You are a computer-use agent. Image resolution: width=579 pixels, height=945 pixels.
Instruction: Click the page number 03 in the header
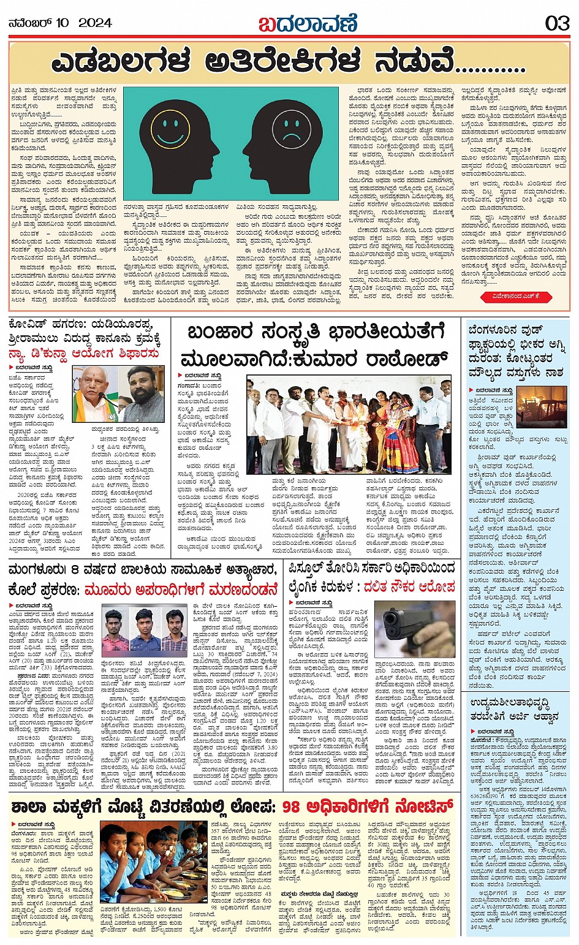tap(558, 23)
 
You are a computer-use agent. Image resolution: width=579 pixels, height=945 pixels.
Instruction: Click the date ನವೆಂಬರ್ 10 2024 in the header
tap(60, 23)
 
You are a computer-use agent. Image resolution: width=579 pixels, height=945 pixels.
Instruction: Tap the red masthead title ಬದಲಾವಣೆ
tap(308, 24)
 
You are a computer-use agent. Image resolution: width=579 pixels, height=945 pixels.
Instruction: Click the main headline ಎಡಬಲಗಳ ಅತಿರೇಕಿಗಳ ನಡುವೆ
tap(288, 63)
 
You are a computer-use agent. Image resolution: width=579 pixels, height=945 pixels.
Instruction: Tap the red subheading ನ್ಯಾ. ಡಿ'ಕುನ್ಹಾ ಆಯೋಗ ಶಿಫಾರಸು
tap(84, 354)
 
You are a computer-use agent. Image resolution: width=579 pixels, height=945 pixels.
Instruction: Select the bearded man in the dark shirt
tap(142, 395)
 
